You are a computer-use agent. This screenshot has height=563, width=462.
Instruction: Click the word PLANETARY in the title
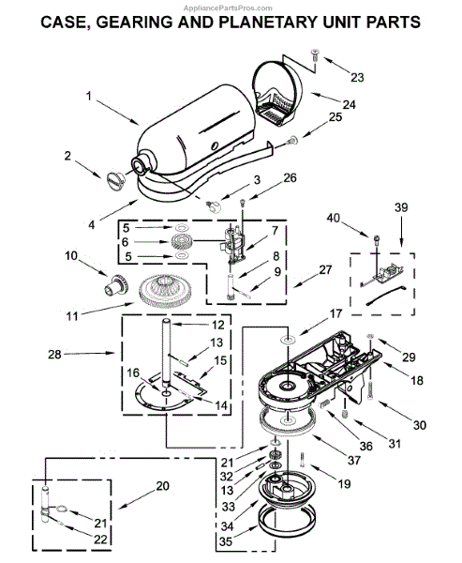(268, 23)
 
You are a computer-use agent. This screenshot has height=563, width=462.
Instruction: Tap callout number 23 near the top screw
(357, 77)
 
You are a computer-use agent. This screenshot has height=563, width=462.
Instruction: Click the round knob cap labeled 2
(115, 179)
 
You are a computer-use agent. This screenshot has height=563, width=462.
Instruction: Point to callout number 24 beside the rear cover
(349, 104)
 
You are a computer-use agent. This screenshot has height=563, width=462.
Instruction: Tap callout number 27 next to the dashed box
(325, 269)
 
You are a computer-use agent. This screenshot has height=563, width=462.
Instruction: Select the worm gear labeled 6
(182, 241)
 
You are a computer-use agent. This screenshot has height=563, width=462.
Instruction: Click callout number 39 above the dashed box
(401, 207)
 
